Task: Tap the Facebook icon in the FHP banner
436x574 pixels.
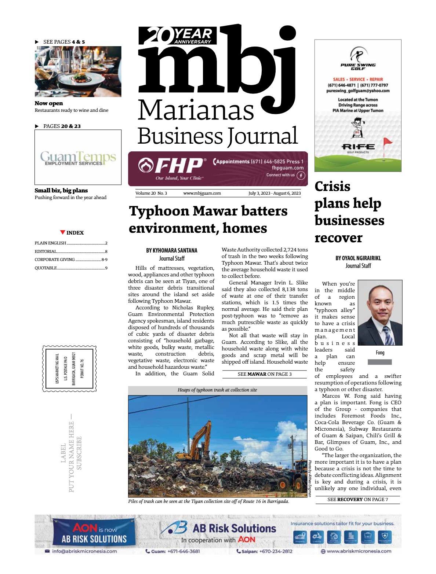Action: tap(301, 176)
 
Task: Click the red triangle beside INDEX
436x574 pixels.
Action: tap(63, 232)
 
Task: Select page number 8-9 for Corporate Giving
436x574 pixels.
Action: tap(105, 260)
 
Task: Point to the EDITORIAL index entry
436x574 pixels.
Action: tap(46, 251)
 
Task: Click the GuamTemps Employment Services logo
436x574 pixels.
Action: tap(78, 158)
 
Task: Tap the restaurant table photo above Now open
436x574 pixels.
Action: tap(78, 71)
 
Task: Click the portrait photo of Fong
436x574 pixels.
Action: tap(380, 313)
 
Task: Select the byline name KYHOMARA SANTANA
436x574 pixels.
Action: tap(172, 250)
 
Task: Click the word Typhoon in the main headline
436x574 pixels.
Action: tap(159, 211)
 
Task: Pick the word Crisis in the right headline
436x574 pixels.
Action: tap(333, 186)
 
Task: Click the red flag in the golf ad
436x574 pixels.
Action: tap(387, 141)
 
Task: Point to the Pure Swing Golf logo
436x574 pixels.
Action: tap(358, 59)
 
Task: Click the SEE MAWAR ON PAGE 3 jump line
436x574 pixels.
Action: tap(264, 374)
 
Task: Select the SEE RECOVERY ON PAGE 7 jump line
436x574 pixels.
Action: tap(357, 499)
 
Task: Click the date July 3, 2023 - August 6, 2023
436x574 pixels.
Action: tap(274, 193)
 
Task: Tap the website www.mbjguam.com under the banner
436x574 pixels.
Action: tap(202, 193)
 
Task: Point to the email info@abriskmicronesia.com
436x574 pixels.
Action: tap(84, 551)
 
